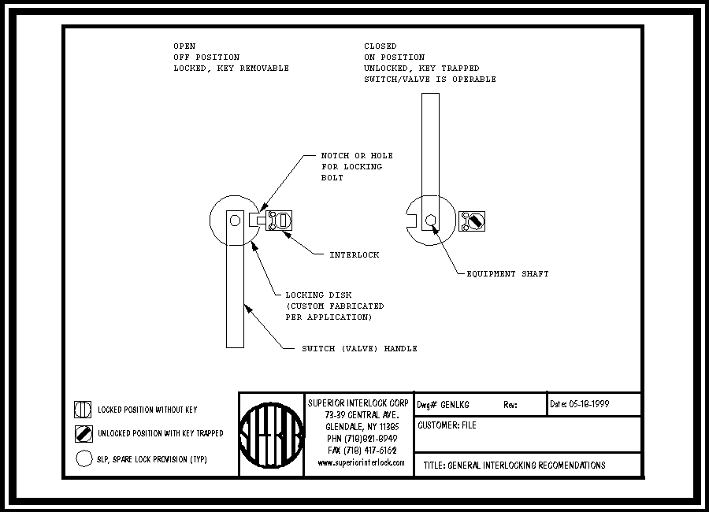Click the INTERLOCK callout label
point(354,254)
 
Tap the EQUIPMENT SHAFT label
point(507,273)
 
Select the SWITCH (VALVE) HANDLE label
point(359,348)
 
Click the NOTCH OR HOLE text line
point(357,155)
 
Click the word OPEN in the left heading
point(184,46)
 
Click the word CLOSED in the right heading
point(380,46)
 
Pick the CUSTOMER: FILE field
point(447,425)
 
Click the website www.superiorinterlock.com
point(361,462)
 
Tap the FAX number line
point(362,451)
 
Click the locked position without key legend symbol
point(84,410)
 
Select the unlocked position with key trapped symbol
point(84,433)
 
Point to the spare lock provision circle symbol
point(84,458)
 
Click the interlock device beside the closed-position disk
point(472,221)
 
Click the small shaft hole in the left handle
point(234,221)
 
